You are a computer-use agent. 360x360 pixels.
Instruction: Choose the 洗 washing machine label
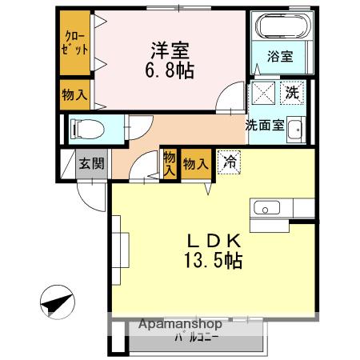tap(293, 92)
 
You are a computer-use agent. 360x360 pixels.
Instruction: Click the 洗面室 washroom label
tap(263, 125)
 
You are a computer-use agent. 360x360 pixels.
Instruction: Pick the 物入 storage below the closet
tap(75, 94)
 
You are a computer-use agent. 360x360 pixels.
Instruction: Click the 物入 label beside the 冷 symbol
tap(195, 164)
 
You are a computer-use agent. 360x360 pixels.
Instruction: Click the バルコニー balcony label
tap(198, 338)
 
